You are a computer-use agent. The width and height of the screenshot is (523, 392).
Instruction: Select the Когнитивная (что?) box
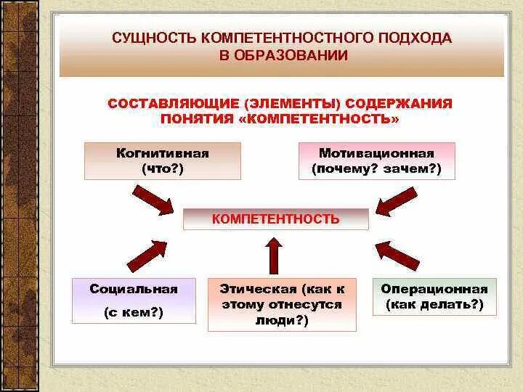tap(162, 161)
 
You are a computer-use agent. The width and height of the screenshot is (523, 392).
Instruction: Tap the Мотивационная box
tap(376, 161)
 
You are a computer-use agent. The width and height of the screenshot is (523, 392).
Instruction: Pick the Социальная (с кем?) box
tap(134, 300)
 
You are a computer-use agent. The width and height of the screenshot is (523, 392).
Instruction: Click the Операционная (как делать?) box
tap(434, 296)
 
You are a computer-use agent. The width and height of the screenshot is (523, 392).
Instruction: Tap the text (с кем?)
tap(134, 313)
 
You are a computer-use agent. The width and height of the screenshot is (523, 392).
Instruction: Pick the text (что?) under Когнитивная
tap(163, 169)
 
